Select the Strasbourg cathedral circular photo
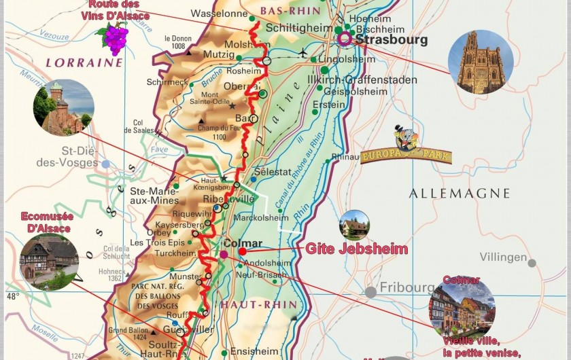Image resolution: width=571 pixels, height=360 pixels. [x=481, y=62]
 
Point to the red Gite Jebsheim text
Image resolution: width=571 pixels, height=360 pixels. [x=356, y=249]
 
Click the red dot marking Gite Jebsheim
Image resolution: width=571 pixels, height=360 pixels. [x=242, y=251]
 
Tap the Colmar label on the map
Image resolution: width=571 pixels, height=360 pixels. [x=242, y=242]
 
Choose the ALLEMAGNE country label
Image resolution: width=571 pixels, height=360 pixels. [x=459, y=194]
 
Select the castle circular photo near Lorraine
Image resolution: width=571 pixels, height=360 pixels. [x=63, y=107]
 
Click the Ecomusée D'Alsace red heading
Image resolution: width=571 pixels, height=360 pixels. [x=46, y=222]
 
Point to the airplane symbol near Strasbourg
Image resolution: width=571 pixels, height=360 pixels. [x=302, y=52]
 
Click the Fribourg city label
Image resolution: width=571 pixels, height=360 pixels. [x=406, y=287]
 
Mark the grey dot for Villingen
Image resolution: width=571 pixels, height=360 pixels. [x=532, y=263]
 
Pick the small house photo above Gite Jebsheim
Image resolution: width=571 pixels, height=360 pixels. [x=354, y=225]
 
